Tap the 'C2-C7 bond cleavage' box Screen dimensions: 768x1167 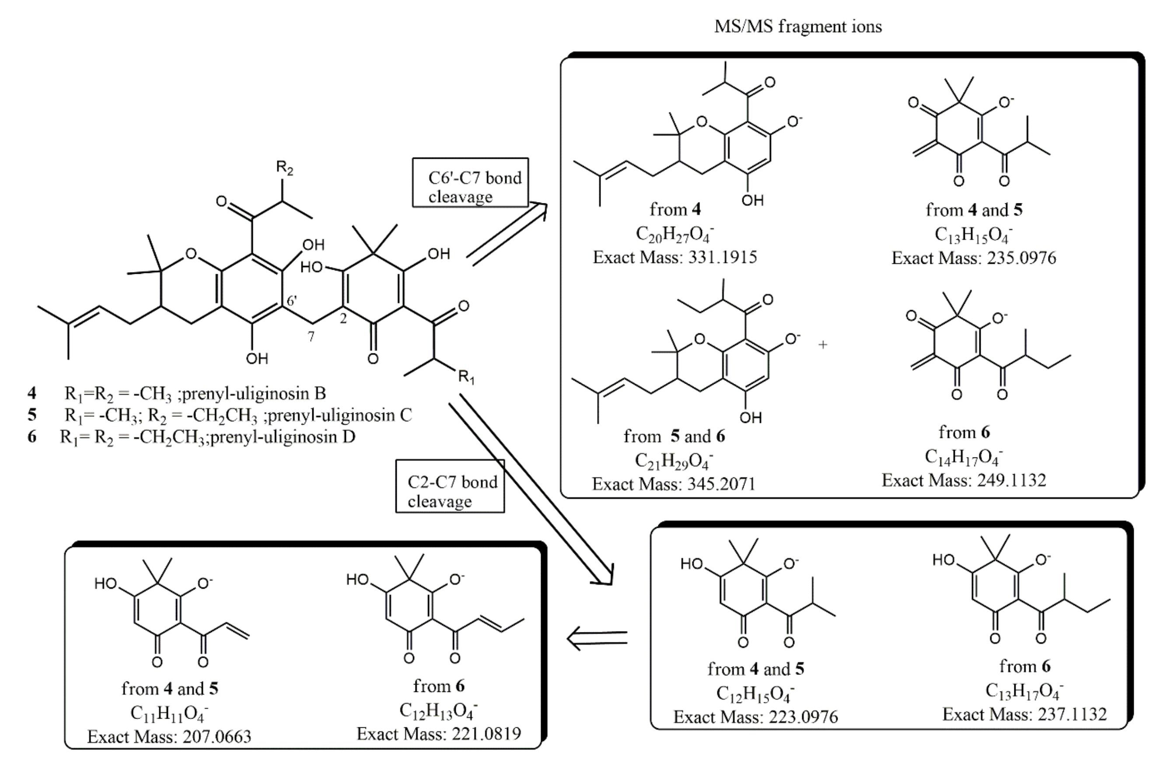450,486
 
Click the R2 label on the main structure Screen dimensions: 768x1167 284,168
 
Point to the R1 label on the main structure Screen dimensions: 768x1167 466,377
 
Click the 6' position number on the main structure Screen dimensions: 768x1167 292,301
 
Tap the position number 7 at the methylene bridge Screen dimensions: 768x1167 311,336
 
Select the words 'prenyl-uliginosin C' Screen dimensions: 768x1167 340,415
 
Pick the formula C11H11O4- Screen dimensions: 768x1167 169,714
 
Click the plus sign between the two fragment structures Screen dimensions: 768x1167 823,345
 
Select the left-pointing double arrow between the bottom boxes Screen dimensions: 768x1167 597,639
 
